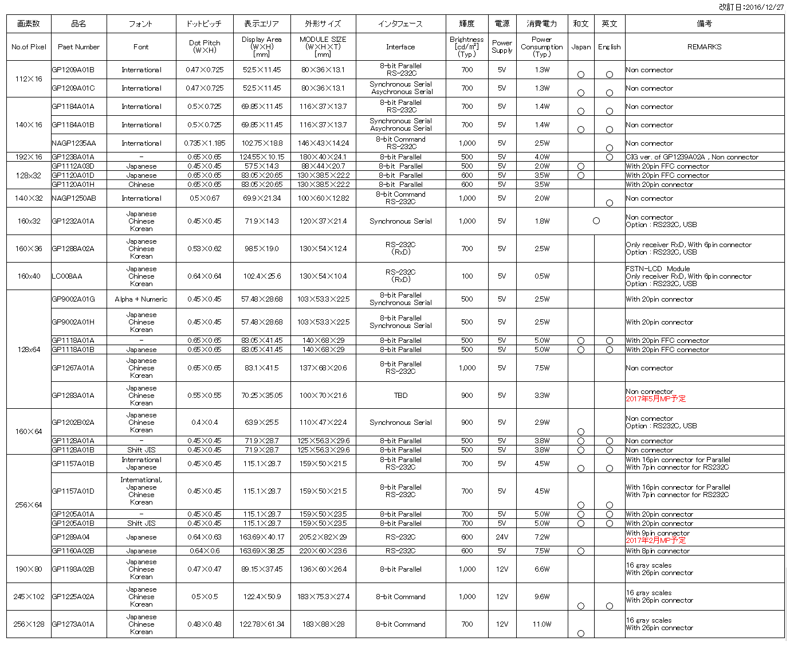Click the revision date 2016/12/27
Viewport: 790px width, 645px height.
[x=751, y=7]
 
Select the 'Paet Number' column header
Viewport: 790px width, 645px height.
[x=78, y=47]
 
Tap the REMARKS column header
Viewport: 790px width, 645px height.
[x=704, y=47]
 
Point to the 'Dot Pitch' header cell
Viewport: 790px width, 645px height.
[x=205, y=46]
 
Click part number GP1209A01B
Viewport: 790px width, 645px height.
[x=73, y=70]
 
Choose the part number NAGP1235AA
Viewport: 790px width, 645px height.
[x=74, y=143]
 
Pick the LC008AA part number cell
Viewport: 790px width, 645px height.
[x=67, y=276]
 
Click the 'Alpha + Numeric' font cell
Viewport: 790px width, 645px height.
[x=141, y=299]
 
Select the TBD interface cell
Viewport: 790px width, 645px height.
[x=400, y=396]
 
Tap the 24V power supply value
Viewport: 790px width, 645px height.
[x=502, y=537]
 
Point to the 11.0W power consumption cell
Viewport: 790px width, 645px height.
[x=542, y=624]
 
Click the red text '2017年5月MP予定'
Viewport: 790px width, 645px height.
[x=655, y=399]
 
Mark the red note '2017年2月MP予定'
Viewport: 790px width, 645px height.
[x=655, y=541]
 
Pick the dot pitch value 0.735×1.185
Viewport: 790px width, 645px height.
[x=205, y=143]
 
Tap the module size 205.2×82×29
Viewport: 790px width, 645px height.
[x=323, y=537]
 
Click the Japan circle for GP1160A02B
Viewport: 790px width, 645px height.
[x=581, y=551]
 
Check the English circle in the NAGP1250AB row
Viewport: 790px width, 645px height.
[x=610, y=203]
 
